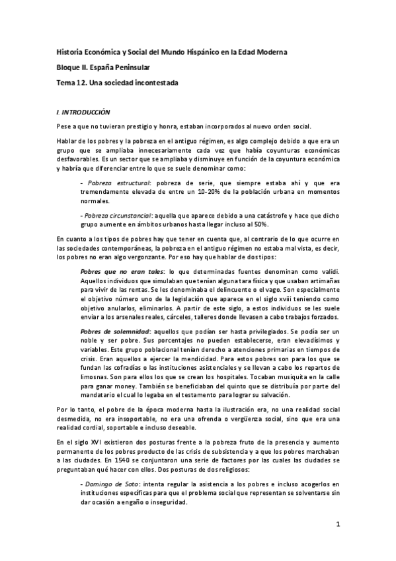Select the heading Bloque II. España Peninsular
pos(102,67)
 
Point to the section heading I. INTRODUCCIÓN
pos(83,112)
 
